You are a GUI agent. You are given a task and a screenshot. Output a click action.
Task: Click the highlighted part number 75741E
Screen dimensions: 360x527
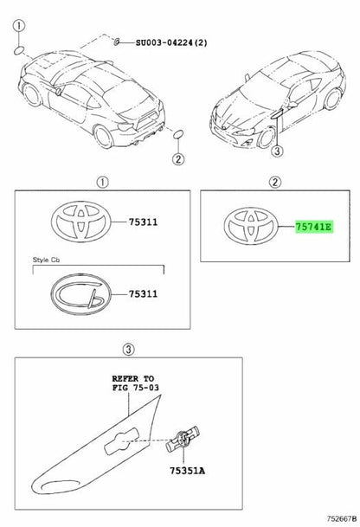tap(313, 227)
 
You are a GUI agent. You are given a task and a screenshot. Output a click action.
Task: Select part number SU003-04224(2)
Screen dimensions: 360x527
tap(171, 42)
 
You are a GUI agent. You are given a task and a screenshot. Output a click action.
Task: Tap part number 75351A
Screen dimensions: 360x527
tap(187, 471)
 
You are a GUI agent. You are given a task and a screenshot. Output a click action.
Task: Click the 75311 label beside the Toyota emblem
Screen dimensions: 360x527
tap(143, 222)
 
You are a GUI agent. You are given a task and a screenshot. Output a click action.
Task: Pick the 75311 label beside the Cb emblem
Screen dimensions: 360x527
tap(143, 293)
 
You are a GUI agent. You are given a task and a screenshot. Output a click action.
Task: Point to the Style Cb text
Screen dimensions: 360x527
tap(46, 260)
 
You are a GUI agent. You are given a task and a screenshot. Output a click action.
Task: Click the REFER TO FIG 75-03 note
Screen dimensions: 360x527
tap(136, 383)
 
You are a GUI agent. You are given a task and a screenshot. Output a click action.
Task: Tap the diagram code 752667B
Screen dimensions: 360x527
tap(342, 519)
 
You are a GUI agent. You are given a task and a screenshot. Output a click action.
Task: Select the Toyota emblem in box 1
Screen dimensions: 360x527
tap(80, 222)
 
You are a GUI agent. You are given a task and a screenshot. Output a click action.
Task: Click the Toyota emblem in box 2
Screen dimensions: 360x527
tap(252, 226)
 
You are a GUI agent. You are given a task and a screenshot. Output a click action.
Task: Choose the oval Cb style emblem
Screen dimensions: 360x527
tap(80, 294)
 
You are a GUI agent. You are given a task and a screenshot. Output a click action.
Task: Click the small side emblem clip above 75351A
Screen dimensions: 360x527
tap(183, 440)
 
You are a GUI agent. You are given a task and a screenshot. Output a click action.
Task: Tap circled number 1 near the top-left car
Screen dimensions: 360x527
tap(19, 26)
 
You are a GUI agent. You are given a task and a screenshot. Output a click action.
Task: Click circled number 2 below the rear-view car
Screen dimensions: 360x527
tap(178, 158)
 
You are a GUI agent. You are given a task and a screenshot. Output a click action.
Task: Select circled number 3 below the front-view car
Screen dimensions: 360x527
tap(277, 151)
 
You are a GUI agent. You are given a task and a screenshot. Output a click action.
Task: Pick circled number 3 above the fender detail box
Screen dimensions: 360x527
tap(129, 350)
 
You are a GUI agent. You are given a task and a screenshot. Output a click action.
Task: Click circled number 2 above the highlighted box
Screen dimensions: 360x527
tap(275, 183)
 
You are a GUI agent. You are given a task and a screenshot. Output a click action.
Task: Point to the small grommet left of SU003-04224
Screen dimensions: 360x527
tap(117, 42)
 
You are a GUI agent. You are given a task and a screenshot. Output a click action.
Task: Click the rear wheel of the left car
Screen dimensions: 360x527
tap(103, 136)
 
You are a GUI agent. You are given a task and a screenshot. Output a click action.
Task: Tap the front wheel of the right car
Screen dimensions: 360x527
tap(267, 138)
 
